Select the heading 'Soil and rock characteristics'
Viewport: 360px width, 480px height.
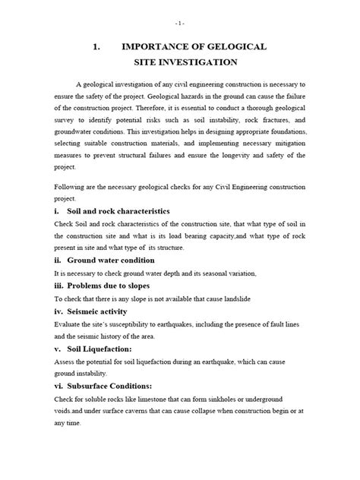tap(118, 210)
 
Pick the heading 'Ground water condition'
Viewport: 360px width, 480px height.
tap(111, 258)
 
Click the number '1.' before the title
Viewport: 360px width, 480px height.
tap(97, 46)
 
